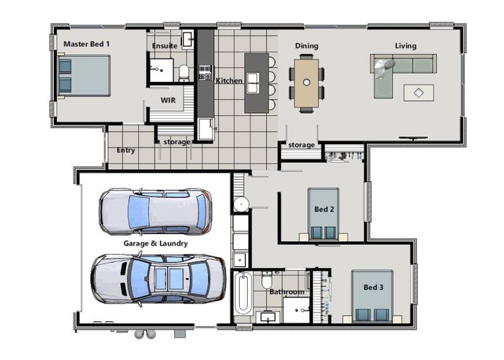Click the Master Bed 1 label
[86, 44]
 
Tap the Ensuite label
[165, 46]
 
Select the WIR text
[168, 100]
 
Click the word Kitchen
[229, 81]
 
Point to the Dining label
[307, 46]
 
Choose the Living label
[405, 46]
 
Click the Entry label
[125, 150]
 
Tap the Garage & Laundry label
[156, 243]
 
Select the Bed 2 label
[323, 210]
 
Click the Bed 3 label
[373, 287]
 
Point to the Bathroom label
[287, 292]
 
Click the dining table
[307, 82]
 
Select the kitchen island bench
[254, 82]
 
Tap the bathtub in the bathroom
[243, 293]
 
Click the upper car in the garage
[156, 211]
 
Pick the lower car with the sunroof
[157, 278]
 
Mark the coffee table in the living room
[418, 93]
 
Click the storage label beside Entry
[176, 142]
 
